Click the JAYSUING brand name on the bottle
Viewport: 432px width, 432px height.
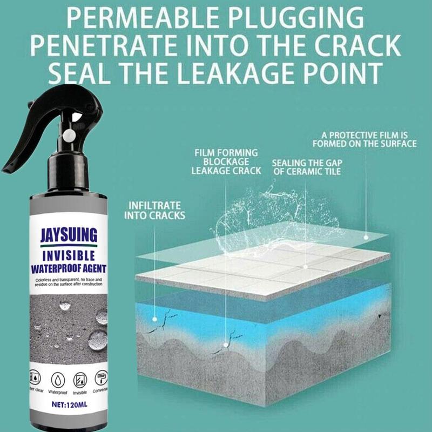pyautogui.click(x=69, y=235)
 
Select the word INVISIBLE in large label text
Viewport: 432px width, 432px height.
pyautogui.click(x=69, y=254)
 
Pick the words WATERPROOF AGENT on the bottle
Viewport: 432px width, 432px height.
pyautogui.click(x=69, y=266)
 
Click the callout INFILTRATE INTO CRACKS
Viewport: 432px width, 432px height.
pyautogui.click(x=155, y=211)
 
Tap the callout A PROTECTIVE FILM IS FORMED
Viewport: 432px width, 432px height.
pyautogui.click(x=365, y=140)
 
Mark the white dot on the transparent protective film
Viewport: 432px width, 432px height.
pyautogui.click(x=366, y=236)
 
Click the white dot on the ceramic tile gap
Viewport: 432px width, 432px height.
pyautogui.click(x=306, y=266)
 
